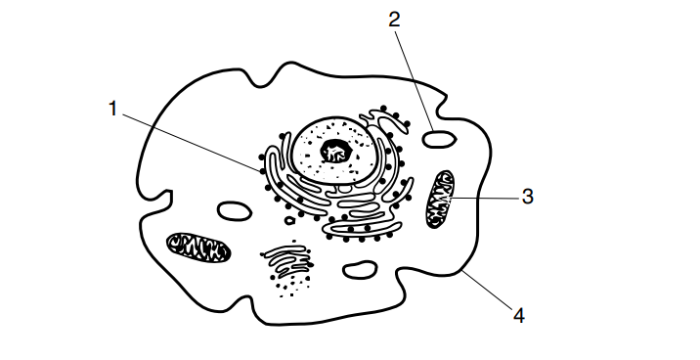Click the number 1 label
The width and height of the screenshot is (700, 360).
(113, 109)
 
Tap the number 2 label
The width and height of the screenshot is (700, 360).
(394, 20)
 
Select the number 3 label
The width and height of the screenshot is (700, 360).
(528, 197)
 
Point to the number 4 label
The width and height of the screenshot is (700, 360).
(519, 316)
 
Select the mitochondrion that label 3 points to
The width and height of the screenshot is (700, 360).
(440, 200)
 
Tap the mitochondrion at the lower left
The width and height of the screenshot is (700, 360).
(198, 247)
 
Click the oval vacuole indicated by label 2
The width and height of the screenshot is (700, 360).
(439, 139)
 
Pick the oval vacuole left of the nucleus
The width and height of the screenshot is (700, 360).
(234, 211)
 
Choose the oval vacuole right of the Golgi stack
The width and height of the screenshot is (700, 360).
(360, 270)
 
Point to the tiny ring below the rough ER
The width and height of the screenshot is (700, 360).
(289, 220)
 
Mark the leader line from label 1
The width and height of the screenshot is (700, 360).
(192, 143)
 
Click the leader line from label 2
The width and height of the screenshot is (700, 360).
(414, 79)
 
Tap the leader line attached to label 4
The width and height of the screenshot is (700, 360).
(488, 290)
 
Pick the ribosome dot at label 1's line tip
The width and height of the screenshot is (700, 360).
(262, 170)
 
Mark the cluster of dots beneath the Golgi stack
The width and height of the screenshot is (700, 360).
(290, 286)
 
